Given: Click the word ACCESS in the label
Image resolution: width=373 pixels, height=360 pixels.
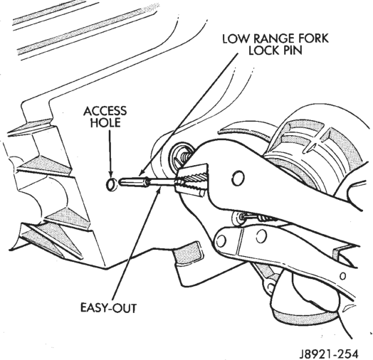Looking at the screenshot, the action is tap(105, 111).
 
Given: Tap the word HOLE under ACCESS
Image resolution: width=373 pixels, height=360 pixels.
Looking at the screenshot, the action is tap(105, 122).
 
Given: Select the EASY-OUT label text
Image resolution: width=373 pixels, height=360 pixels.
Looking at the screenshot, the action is tap(108, 308).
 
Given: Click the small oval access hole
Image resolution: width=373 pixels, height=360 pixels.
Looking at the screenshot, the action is tap(111, 184).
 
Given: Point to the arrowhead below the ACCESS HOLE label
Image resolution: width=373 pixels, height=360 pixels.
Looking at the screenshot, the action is tap(110, 174).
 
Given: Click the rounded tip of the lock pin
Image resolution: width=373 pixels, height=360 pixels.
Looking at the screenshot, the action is tap(121, 182).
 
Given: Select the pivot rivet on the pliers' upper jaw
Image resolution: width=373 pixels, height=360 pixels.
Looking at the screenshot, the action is tap(238, 178).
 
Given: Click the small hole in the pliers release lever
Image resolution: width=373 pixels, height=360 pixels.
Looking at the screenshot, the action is tap(342, 276).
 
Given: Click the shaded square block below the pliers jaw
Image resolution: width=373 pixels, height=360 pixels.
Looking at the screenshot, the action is tap(188, 253).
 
